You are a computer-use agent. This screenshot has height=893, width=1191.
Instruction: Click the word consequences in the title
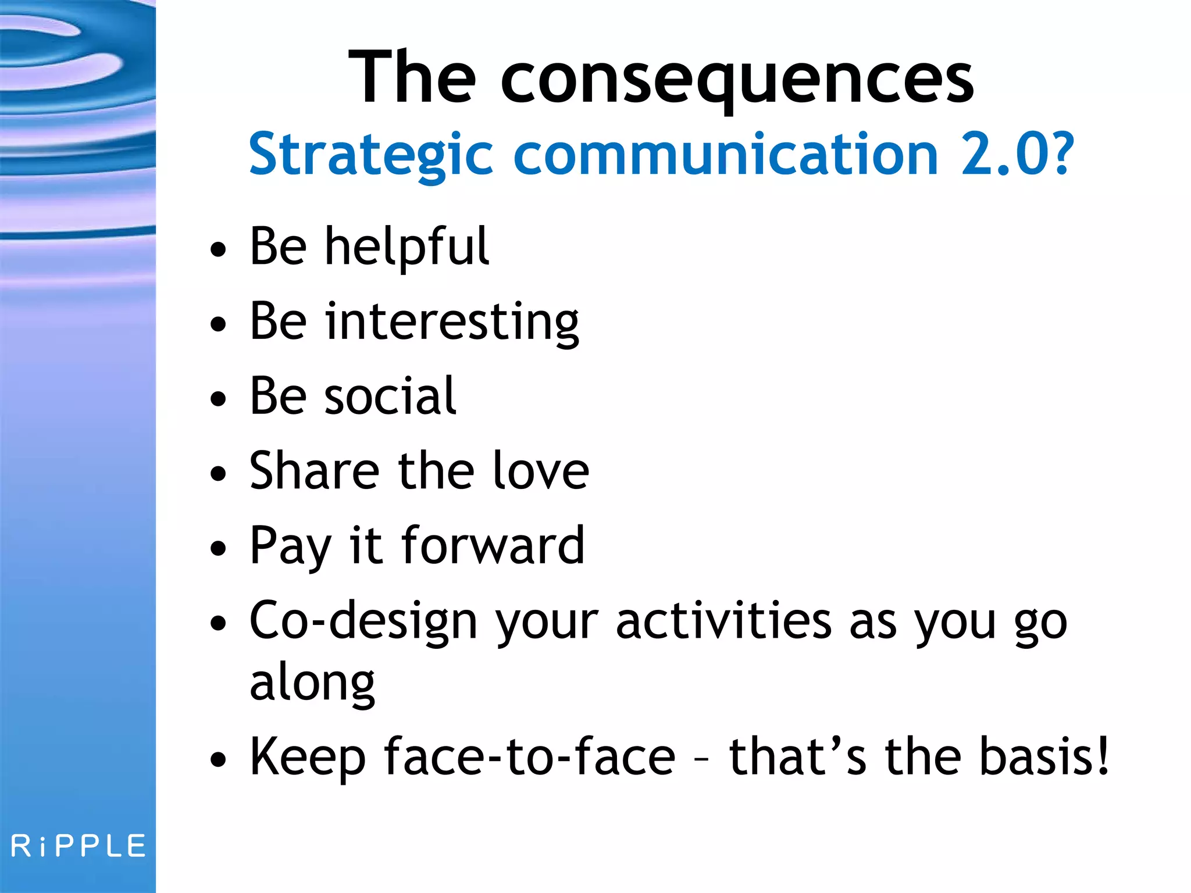click(737, 78)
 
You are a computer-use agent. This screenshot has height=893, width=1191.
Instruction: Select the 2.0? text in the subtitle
click(1017, 154)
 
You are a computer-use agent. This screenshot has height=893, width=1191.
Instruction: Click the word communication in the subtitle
click(725, 154)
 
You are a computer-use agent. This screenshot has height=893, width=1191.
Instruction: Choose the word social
click(390, 397)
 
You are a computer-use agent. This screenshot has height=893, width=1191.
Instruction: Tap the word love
click(540, 471)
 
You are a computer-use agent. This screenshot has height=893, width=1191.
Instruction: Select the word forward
click(492, 545)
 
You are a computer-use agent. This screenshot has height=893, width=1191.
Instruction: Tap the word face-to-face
click(529, 757)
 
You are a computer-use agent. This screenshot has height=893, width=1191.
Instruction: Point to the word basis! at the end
click(1044, 757)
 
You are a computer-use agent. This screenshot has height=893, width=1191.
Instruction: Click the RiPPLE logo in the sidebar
click(78, 846)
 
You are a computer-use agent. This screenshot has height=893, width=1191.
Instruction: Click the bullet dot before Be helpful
click(218, 250)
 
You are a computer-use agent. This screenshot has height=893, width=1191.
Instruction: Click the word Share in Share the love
click(314, 471)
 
